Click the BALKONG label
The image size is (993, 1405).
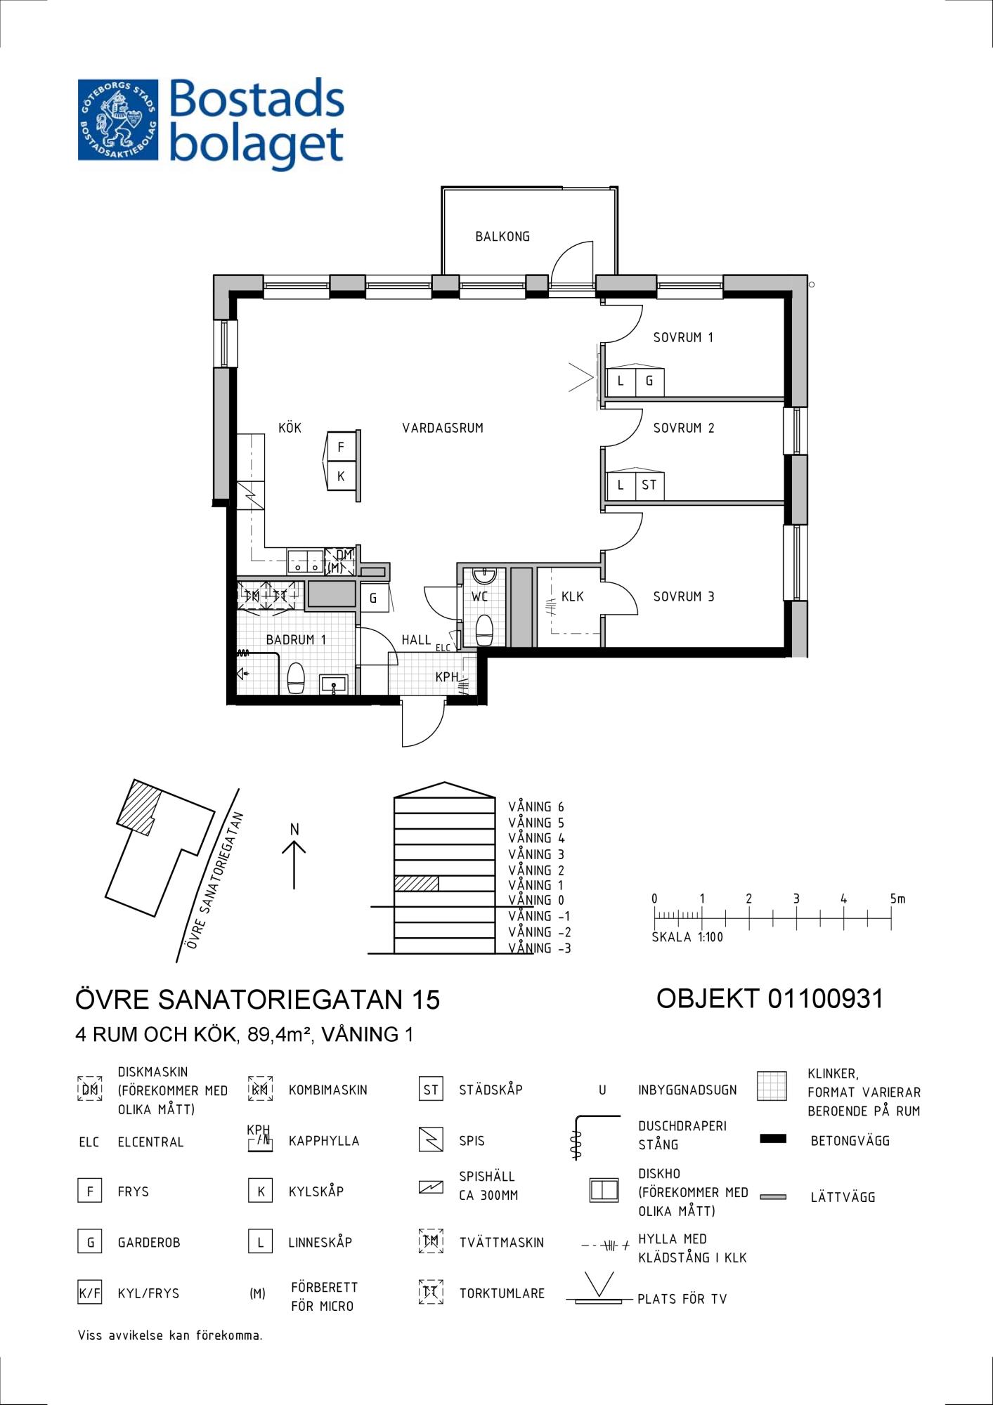coord(502,237)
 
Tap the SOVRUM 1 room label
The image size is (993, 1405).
coord(683,338)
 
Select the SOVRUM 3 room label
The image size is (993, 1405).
coord(684,596)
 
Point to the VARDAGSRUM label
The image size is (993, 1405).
coord(443,428)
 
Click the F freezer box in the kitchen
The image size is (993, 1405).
coord(342,447)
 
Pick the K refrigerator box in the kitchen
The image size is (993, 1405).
coord(342,476)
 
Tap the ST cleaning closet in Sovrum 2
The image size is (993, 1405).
coord(649,485)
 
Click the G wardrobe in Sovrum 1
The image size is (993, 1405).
coord(649,381)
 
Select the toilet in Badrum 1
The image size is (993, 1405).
coord(296,678)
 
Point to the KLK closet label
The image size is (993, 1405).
coord(573,597)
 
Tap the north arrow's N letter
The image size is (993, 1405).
coord(294,830)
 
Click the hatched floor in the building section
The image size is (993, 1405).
coord(416,884)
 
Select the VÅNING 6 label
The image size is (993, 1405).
coord(536,807)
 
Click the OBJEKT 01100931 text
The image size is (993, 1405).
coord(770,998)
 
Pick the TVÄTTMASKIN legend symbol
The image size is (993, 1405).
coord(431,1241)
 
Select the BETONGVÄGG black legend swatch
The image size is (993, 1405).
coord(773,1139)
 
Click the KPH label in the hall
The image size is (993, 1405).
coord(447,677)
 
